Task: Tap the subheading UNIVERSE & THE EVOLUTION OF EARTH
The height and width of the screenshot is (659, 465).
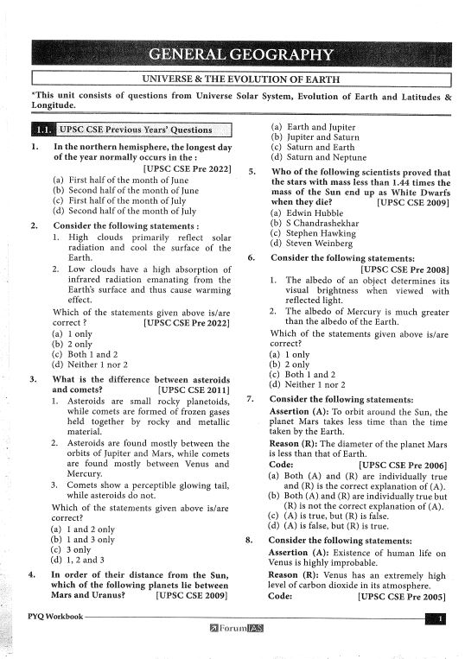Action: click(x=239, y=78)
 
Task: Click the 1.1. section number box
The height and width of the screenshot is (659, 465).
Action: click(x=42, y=130)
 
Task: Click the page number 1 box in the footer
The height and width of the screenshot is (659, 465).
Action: click(x=439, y=618)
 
